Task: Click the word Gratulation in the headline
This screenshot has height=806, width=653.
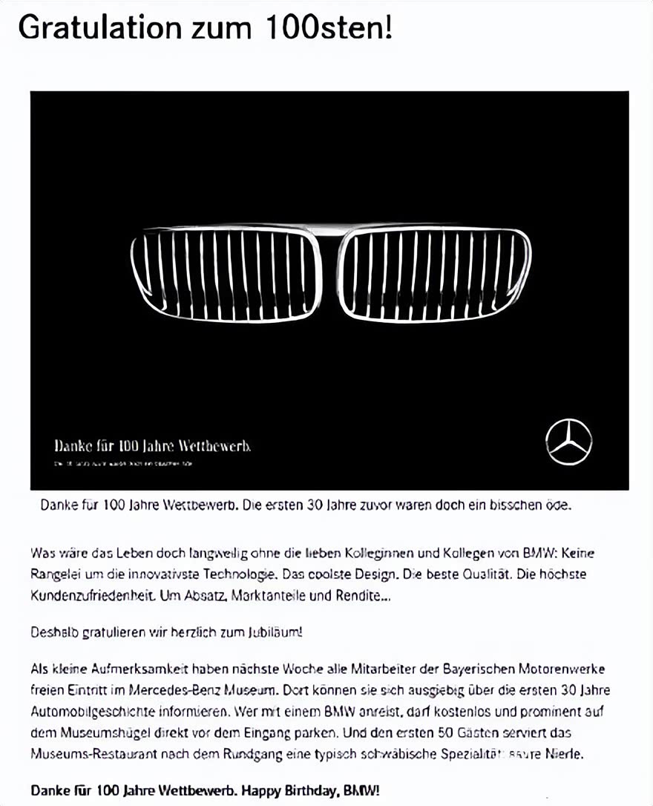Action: tap(99, 27)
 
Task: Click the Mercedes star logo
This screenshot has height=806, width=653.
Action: tap(569, 442)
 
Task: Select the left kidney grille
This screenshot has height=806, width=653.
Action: tap(226, 275)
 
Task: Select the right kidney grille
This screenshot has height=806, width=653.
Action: tap(434, 274)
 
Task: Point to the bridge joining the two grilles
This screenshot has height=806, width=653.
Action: tap(330, 232)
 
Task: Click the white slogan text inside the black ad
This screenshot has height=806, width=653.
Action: tap(152, 446)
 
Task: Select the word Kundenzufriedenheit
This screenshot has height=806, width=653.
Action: tap(93, 595)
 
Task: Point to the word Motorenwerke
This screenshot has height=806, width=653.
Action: tap(566, 669)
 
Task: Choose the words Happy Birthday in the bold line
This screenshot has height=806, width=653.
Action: tap(280, 790)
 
